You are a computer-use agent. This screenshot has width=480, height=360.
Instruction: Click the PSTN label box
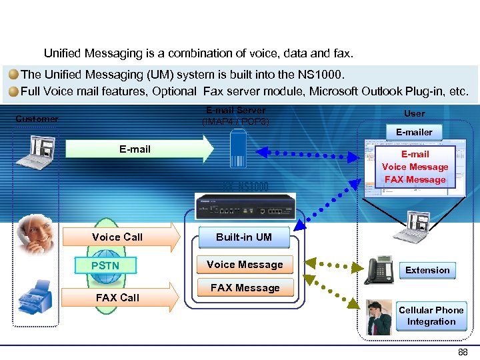pos(105,266)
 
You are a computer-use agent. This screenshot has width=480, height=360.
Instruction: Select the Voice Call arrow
pos(120,237)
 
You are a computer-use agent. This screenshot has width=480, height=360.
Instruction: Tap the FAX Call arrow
pos(120,297)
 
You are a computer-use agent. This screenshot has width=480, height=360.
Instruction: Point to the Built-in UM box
pos(244,237)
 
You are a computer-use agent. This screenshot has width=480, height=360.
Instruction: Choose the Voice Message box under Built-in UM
pos(245,265)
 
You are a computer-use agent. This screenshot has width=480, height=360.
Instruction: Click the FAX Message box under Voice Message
pos(245,288)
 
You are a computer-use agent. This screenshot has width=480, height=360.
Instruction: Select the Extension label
pos(427,270)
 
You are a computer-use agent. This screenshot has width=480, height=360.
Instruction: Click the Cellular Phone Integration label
pos(431,316)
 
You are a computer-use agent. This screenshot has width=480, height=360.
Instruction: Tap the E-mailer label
pos(414,132)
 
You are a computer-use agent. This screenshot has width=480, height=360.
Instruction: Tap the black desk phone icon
pos(378,269)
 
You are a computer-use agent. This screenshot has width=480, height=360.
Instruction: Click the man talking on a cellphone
pos(380,317)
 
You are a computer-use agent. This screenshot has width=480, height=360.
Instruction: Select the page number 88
pos(462,352)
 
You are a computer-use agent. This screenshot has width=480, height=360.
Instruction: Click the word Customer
pos(37,119)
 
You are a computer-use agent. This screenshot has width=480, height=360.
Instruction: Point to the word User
pos(414,113)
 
